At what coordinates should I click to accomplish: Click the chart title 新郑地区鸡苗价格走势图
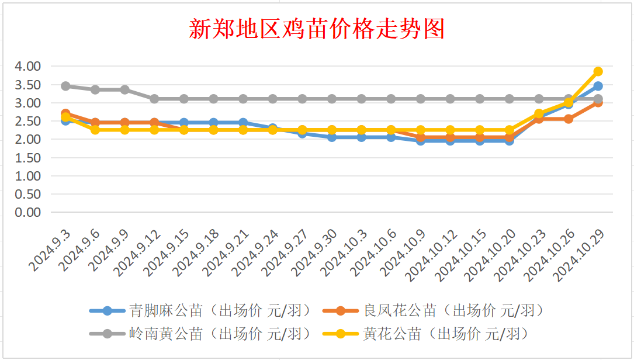click(317, 29)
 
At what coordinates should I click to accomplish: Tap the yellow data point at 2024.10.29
click(598, 72)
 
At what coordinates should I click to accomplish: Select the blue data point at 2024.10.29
click(598, 86)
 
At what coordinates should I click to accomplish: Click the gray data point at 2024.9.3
click(65, 86)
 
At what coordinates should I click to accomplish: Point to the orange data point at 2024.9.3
click(65, 113)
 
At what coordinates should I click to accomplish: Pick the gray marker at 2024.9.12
click(154, 99)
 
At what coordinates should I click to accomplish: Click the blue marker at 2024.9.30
click(332, 137)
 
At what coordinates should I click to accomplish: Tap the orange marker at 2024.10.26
click(569, 119)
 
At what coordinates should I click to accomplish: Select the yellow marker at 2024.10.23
click(539, 113)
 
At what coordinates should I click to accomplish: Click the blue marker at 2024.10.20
click(510, 141)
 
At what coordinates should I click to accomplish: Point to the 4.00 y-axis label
click(28, 66)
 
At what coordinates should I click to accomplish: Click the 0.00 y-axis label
click(28, 212)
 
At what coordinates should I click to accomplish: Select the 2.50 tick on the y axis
click(28, 121)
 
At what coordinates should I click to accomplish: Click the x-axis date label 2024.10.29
click(578, 255)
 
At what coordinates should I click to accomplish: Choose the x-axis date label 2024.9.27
click(285, 253)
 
